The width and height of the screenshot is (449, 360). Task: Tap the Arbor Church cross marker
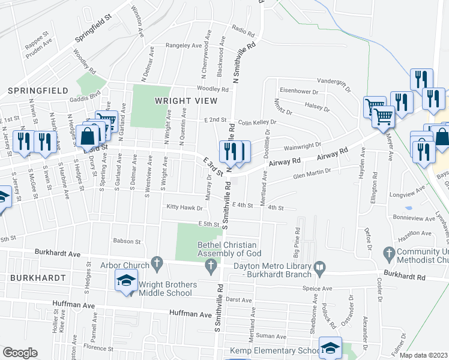click(x=157, y=262)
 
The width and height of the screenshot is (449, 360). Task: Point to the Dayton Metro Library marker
click(x=319, y=266)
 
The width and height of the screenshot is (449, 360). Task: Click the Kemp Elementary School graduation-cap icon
click(x=330, y=348)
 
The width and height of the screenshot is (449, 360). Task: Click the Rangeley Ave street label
click(x=184, y=46)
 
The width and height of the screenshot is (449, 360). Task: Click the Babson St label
click(x=126, y=242)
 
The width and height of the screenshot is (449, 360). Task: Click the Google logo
click(x=20, y=352)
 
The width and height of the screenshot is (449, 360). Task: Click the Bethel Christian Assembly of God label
click(x=228, y=249)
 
